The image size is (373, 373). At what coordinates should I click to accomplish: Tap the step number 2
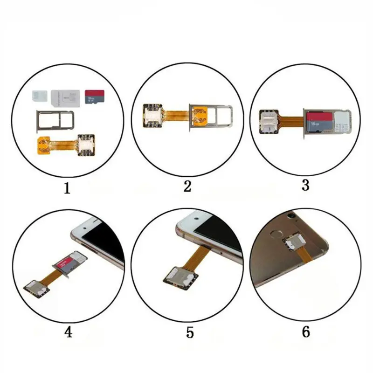coord(187,186)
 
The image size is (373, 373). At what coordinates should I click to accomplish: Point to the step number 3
coord(305,185)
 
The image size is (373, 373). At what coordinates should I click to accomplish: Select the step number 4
coord(68,332)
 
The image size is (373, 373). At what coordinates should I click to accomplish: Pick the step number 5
coord(189,332)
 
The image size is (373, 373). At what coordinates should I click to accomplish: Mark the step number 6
coord(306,332)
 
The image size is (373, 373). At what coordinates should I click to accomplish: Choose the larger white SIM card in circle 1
coord(67,97)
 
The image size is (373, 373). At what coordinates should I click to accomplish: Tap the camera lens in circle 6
coord(292,216)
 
